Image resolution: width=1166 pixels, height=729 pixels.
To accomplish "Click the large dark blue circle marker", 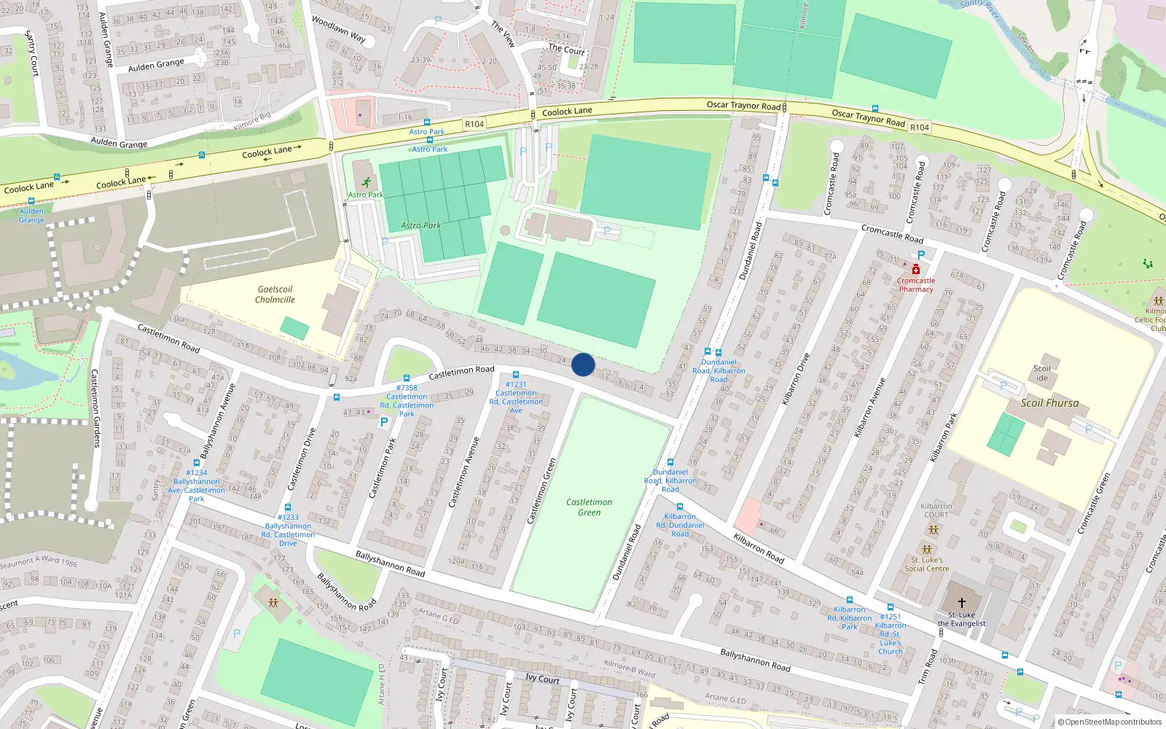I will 583,364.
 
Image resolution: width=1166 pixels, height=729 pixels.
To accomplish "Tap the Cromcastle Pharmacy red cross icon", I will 916,270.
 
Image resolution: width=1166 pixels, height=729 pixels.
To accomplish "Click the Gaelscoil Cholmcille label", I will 275,295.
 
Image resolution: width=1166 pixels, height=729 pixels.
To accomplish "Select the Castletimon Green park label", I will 589,507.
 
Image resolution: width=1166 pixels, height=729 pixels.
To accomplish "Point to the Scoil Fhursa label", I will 1049,403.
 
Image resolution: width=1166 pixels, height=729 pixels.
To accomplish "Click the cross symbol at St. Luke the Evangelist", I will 961,603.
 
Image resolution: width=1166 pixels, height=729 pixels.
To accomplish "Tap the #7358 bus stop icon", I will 407,378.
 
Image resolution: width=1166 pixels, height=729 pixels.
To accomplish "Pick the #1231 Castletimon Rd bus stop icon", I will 516,375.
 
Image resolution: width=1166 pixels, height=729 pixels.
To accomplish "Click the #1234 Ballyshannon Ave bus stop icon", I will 197,463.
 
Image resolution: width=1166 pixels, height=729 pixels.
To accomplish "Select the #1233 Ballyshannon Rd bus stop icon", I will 288,507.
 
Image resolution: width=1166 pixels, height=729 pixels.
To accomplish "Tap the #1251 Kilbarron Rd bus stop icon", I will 890,607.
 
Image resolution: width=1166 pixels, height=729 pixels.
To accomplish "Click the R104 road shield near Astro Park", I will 474,124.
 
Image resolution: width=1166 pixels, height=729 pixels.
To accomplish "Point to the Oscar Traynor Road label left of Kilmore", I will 743,106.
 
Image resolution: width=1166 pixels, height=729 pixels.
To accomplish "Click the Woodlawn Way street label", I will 338,29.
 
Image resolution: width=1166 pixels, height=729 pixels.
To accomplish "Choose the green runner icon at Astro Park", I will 366,182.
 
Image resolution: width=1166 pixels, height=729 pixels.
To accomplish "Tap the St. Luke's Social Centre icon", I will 926,550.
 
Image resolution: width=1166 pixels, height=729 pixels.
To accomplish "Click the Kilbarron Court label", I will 936,510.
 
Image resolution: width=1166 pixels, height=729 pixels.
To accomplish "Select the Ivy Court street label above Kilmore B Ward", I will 542,679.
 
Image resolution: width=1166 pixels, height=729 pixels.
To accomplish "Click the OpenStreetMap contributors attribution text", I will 1110,722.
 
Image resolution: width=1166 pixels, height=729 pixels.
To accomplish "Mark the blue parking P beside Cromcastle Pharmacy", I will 921,255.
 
